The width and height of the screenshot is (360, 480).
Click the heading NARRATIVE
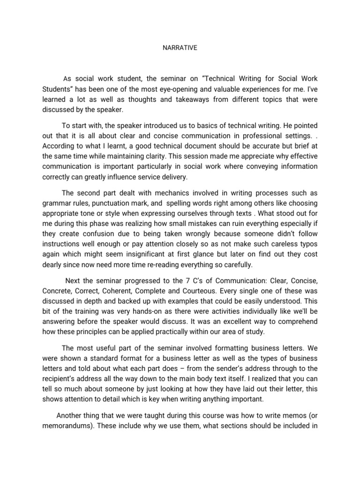[180, 47]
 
